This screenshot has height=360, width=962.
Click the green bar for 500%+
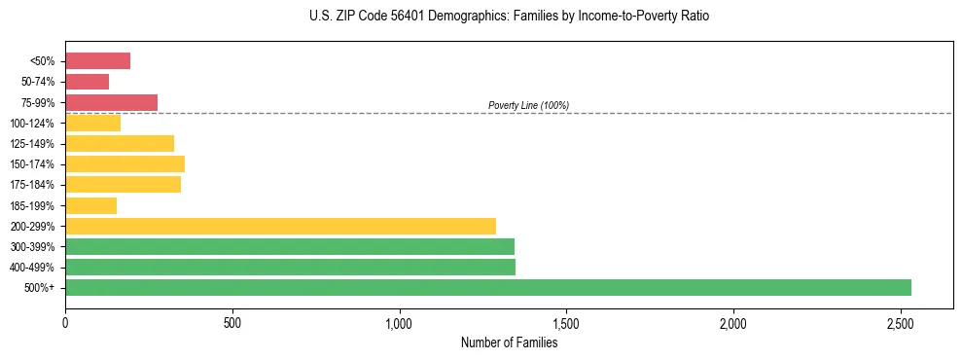488,287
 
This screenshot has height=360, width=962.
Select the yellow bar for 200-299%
280,226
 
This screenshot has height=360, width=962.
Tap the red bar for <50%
97,61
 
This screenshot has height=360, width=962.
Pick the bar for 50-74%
87,82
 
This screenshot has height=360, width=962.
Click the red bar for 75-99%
111,102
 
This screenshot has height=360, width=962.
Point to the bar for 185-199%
90,205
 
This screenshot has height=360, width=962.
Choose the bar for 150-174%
125,164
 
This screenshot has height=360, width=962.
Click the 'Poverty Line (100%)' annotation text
528,105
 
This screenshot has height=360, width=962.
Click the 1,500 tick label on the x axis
566,323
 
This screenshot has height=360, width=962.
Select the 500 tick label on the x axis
232,323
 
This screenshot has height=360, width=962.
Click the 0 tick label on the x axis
65,323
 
